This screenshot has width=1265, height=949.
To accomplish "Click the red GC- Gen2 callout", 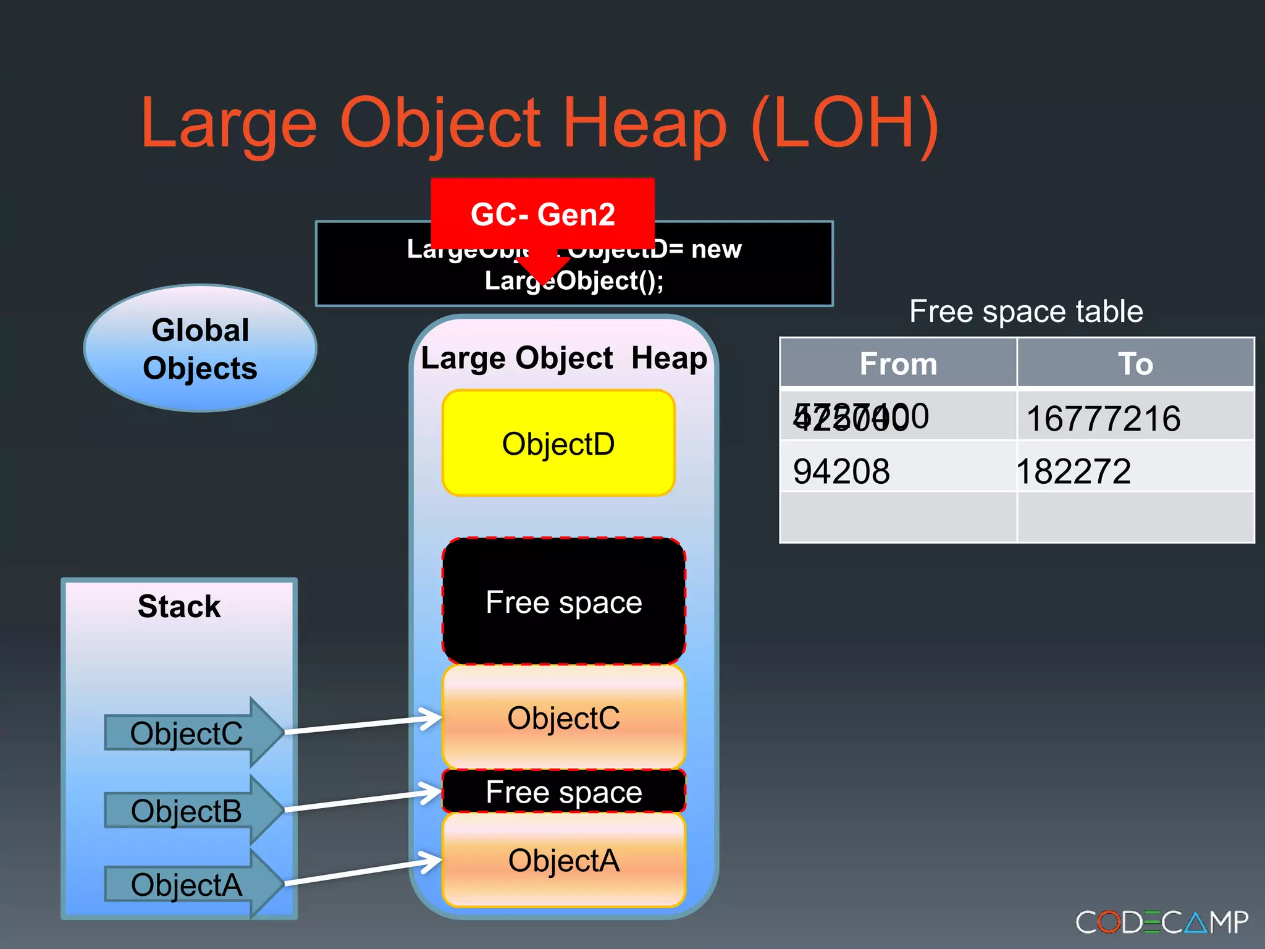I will tap(542, 214).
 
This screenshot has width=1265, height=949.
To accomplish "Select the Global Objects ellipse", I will tap(200, 348).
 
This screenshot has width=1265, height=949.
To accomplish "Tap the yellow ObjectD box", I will tap(558, 443).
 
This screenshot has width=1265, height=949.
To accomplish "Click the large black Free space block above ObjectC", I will tap(563, 601).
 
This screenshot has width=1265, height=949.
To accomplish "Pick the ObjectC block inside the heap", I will tap(563, 717).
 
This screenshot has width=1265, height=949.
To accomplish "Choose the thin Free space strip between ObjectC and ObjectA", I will tap(563, 791).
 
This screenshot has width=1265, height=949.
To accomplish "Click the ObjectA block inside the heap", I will tap(563, 860).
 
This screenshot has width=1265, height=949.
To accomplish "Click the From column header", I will tap(898, 363).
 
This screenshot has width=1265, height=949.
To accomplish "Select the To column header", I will tap(1135, 363).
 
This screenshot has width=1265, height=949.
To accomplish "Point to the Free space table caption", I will tap(1026, 311).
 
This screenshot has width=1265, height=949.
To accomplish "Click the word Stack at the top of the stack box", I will tap(179, 606).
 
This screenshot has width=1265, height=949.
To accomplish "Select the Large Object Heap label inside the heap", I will tap(563, 358).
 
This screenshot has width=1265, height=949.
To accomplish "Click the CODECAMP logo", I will tap(1161, 922).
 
